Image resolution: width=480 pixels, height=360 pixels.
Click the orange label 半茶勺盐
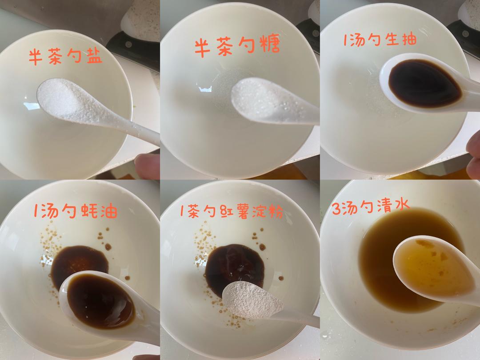pyautogui.click(x=65, y=57)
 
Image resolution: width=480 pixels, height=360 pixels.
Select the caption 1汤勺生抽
pyautogui.click(x=380, y=40)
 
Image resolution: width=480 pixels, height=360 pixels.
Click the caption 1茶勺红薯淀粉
pyautogui.click(x=232, y=211)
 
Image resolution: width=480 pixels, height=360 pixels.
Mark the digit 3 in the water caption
pyautogui.click(x=336, y=208)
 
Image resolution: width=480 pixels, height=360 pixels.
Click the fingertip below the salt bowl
pyautogui.click(x=148, y=166)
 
